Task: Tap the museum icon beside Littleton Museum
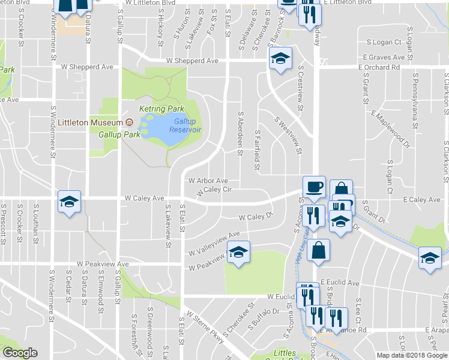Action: pos(128,122)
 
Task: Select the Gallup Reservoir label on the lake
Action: pos(185,125)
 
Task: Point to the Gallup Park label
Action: pos(119,134)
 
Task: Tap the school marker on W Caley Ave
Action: pos(69,202)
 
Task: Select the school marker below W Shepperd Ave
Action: pos(279,59)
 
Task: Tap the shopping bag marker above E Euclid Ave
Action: pos(319,250)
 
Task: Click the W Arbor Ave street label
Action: pos(208,181)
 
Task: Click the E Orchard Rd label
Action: pos(379,67)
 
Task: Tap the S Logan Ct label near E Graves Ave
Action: pos(384,42)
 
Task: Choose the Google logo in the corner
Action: pos(20,353)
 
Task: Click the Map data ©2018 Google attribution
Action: pos(412,355)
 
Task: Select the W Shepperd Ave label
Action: pos(192,61)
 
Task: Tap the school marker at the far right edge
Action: pos(430,258)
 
